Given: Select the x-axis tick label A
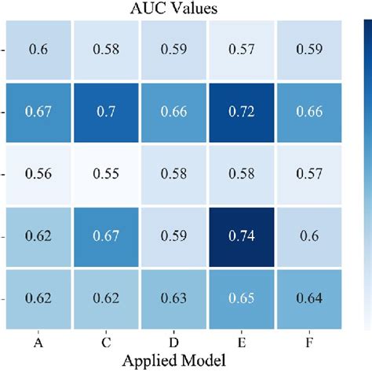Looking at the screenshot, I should click(39, 342).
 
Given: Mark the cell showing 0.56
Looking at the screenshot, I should click(39, 174).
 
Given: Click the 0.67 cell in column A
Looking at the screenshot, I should click(39, 111).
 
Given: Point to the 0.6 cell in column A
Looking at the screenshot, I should click(39, 49).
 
